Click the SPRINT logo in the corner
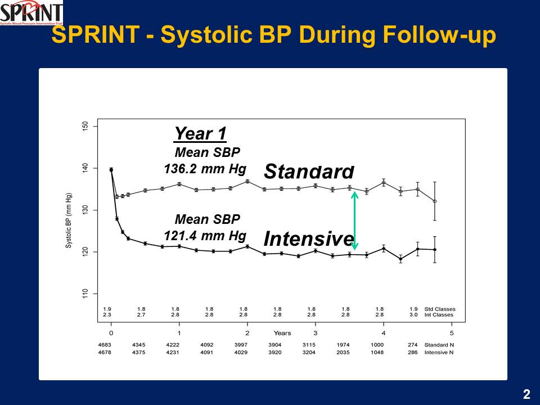31,13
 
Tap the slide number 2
526,394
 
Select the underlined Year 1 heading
200,134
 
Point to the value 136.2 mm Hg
205,169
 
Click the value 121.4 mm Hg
205,235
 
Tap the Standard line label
309,171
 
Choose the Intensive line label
309,238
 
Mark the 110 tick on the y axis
85,294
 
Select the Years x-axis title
282,333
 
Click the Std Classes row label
439,309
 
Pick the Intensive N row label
439,353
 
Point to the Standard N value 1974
343,345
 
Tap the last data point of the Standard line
434,201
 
